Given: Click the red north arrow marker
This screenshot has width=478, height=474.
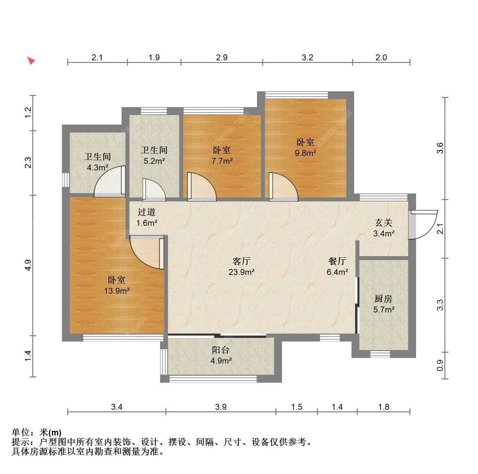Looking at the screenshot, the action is coord(31,60).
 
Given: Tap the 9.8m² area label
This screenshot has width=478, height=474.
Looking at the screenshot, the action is coord(305,153).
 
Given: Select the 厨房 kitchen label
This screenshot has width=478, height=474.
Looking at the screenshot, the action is coord(383,299).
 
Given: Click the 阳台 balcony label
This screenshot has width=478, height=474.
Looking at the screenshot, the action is coord(220,350).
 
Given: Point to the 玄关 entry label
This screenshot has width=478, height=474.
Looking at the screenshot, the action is coord(383,223).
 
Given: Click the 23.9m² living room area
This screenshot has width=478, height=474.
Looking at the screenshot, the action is coord(241,272).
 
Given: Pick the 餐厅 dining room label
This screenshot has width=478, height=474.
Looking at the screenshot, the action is coord(337,261).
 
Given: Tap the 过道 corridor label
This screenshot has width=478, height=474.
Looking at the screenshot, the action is coord(147,212).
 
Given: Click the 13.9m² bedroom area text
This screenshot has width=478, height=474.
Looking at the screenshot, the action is coord(117,290).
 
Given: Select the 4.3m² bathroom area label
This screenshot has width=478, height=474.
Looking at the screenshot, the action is coord(97,167).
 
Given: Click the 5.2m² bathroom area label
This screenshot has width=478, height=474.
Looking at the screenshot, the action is coord(154,161).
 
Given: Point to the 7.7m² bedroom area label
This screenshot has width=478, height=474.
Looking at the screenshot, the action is coord(222,161).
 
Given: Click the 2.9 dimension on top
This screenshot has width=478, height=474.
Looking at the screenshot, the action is coord(221,57).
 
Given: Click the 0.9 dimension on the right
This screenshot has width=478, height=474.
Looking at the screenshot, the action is coord(439,365).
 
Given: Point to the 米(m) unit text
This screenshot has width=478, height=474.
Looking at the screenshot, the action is coord(50,432).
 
